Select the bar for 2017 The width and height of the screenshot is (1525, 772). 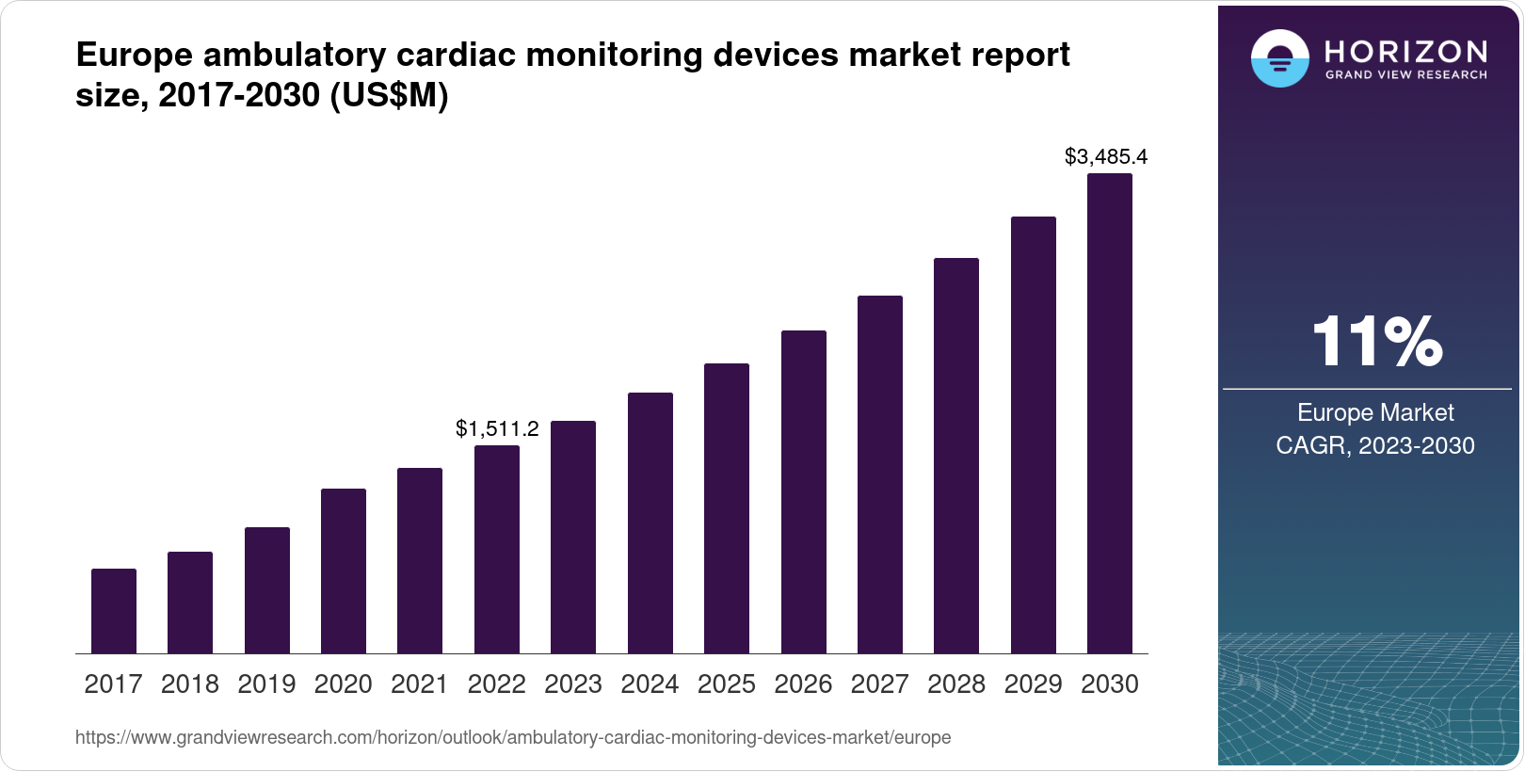[x=114, y=611]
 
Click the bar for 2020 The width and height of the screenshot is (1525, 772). [x=344, y=571]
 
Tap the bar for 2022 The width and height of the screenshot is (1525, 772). [x=497, y=549]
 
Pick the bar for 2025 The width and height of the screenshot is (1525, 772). [x=727, y=508]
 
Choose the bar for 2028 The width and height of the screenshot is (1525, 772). [x=956, y=456]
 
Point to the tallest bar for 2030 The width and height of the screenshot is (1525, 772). [x=1110, y=413]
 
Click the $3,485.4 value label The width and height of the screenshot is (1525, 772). [x=1106, y=157]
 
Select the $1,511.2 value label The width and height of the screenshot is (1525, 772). [x=497, y=429]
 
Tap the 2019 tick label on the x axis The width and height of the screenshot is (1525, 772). [x=266, y=684]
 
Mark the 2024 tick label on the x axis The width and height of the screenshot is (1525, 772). [x=650, y=684]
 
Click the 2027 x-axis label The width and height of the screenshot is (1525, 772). [x=879, y=684]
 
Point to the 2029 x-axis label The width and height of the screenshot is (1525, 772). [x=1033, y=684]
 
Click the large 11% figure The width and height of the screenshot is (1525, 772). [x=1376, y=342]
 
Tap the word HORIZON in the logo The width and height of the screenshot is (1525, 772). [x=1406, y=51]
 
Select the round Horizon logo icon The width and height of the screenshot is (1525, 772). [x=1279, y=59]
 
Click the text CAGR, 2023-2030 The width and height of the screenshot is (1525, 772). [x=1375, y=445]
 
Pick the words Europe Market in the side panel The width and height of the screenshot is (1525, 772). [x=1375, y=412]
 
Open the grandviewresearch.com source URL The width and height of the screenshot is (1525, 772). [x=513, y=737]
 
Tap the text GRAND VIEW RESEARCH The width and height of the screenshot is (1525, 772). [x=1406, y=74]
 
